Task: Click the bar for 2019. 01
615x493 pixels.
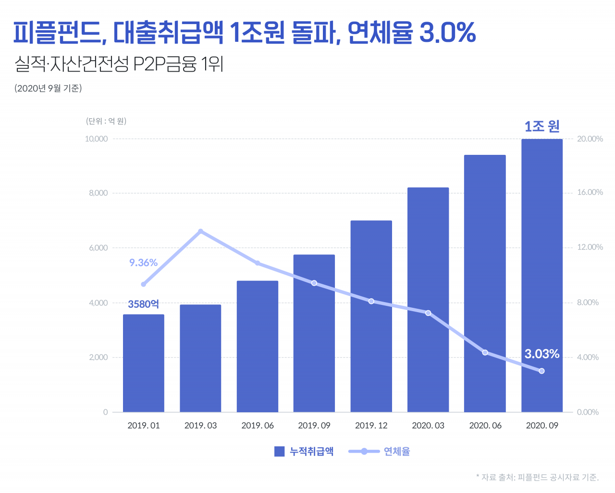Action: [144, 363]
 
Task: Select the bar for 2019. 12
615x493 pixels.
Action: [371, 316]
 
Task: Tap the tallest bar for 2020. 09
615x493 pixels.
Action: [541, 276]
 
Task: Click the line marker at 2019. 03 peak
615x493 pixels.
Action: [200, 231]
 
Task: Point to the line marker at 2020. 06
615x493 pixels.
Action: [485, 353]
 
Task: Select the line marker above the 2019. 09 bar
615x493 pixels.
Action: [314, 283]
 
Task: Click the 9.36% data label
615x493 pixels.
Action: [143, 263]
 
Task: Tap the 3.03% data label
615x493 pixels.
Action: [541, 354]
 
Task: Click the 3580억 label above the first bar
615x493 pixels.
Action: [143, 304]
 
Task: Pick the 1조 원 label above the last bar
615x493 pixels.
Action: [541, 126]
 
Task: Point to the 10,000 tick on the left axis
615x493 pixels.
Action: [97, 139]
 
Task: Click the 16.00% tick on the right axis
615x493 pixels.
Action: [590, 192]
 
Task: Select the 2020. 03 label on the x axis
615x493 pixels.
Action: [428, 426]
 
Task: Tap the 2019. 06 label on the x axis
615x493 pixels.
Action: [258, 426]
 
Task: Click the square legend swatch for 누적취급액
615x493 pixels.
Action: [279, 452]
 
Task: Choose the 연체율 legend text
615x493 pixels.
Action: [397, 452]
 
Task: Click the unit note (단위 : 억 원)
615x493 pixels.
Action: [106, 121]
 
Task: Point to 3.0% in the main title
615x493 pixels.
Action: [447, 33]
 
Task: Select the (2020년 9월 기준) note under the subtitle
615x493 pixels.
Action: [48, 88]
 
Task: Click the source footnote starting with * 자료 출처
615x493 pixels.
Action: [537, 477]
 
